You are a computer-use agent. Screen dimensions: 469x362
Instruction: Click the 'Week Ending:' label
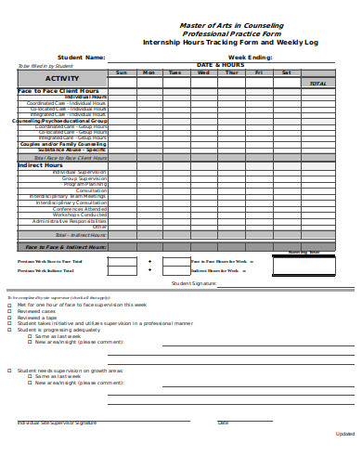click(250, 57)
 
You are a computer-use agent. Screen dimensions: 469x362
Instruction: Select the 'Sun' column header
click(122, 72)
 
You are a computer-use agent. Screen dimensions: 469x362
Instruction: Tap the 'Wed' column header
click(204, 72)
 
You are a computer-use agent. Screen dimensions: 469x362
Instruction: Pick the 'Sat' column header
click(287, 72)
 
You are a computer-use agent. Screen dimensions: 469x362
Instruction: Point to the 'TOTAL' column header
click(318, 84)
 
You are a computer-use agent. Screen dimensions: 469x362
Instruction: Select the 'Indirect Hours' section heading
click(32, 165)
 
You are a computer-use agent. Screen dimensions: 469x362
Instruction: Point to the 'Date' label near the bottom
click(223, 423)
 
